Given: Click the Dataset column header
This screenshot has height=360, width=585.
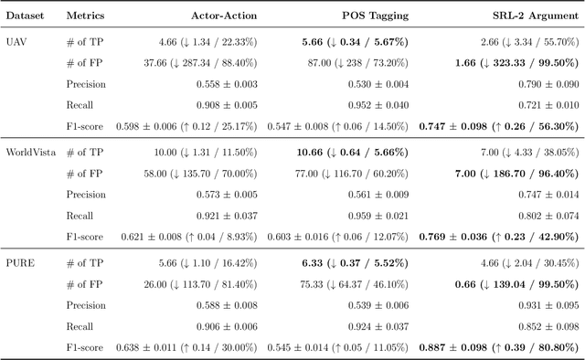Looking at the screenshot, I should [x=27, y=16].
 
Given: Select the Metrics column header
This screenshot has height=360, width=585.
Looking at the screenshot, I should [x=86, y=16].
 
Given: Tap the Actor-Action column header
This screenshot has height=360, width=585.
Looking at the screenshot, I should [x=224, y=16].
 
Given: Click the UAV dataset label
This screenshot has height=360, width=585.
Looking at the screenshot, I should [x=17, y=41].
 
